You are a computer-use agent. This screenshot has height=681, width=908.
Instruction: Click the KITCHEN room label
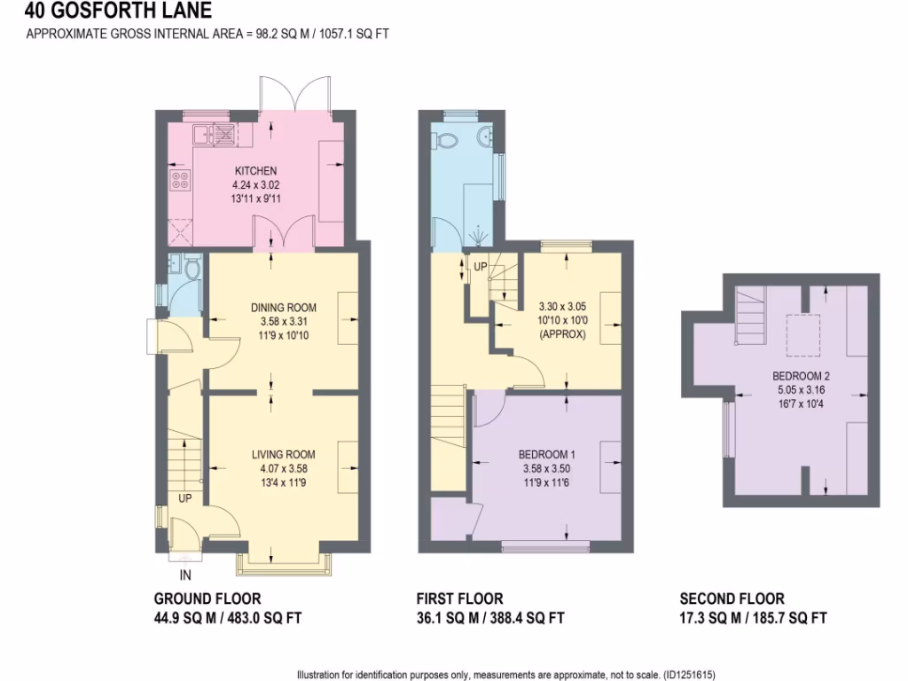[x=255, y=170]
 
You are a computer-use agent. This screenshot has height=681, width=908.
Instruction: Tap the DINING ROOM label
[x=283, y=308]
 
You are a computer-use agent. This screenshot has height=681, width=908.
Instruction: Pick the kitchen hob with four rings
[x=180, y=181]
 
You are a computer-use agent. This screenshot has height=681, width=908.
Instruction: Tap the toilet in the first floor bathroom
[x=448, y=139]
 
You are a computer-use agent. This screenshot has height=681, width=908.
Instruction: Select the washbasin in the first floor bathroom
[x=485, y=137]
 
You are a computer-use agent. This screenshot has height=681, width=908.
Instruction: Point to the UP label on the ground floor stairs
[x=184, y=499]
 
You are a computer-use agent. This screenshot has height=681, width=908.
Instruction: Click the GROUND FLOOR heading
[x=207, y=599]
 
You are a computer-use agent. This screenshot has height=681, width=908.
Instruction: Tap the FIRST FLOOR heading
[x=459, y=599]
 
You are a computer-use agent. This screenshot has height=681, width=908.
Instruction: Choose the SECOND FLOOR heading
[x=732, y=599]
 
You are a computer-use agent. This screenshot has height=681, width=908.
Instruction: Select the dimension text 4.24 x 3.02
[x=255, y=184]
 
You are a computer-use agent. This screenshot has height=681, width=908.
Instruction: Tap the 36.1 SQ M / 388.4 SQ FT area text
[x=489, y=618]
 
